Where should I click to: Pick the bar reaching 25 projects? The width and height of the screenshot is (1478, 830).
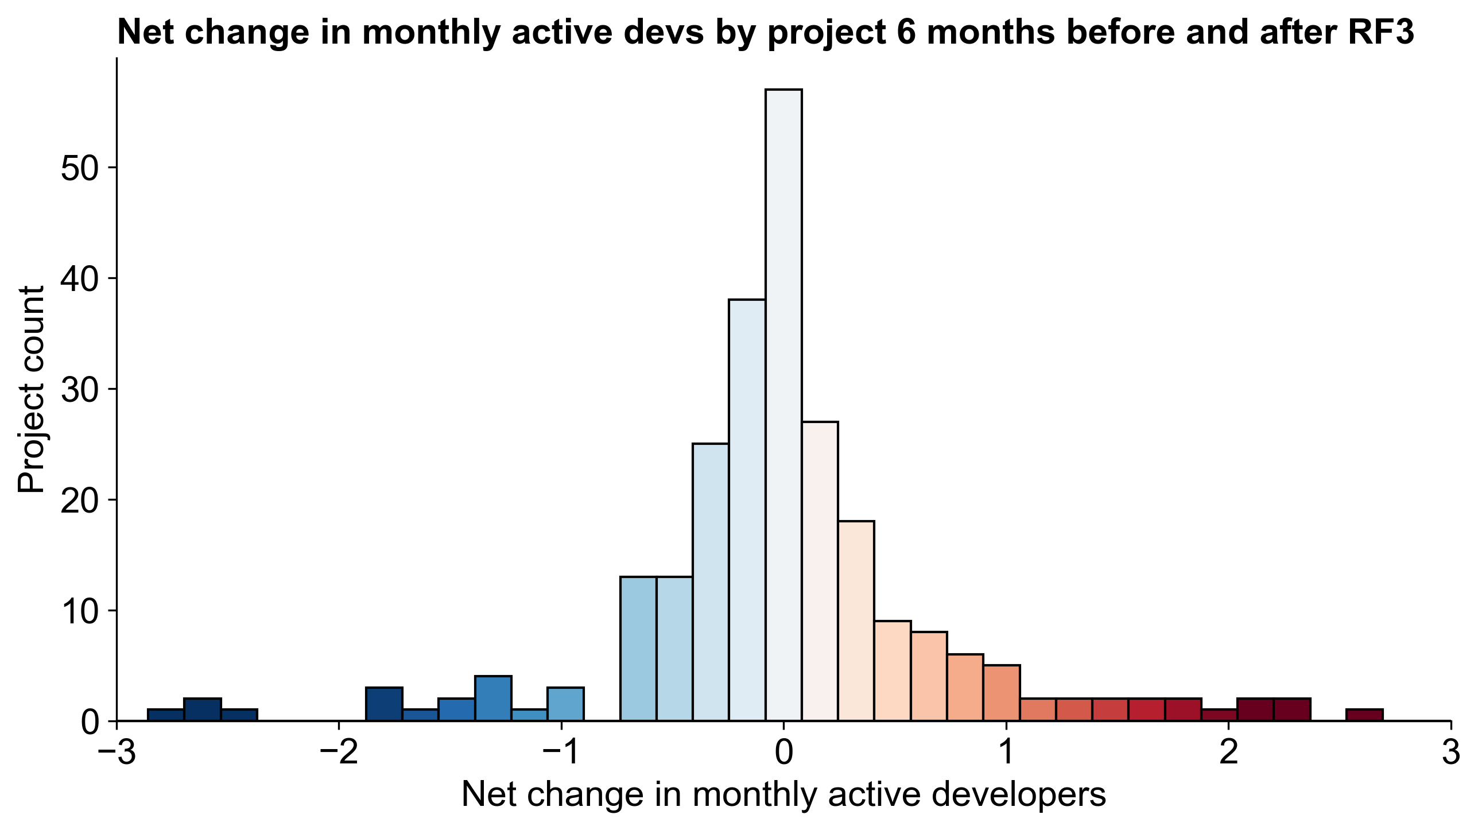coord(710,582)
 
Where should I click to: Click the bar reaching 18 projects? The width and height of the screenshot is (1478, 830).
coord(856,620)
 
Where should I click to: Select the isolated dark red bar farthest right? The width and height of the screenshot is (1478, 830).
coord(1364,715)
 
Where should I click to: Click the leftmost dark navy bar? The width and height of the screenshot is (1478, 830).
coord(165,715)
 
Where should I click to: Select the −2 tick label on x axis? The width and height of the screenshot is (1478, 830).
coord(339,753)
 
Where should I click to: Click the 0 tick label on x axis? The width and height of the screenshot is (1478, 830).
coord(783,753)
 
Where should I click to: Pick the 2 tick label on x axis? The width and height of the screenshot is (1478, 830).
coord(1228,753)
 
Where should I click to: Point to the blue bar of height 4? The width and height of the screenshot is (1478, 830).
coord(493,698)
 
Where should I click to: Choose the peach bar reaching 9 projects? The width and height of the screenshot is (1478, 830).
coord(893,670)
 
